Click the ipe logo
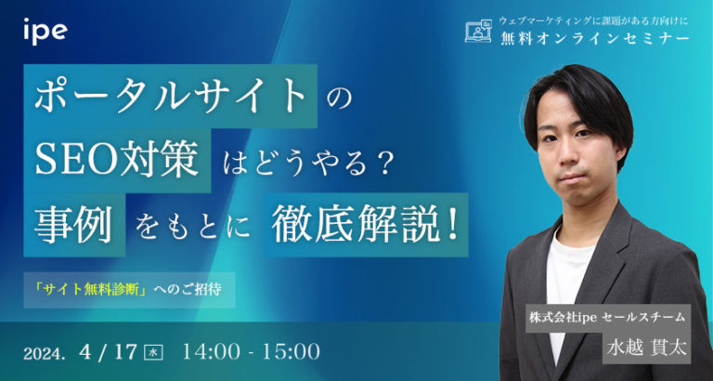pyautogui.click(x=45, y=30)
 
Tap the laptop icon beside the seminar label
pyautogui.click(x=477, y=32)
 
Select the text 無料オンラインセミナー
pyautogui.click(x=593, y=38)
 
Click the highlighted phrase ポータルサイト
pyautogui.click(x=170, y=97)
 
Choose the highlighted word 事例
pyautogui.click(x=72, y=224)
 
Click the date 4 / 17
pyautogui.click(x=108, y=352)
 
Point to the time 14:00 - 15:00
pyautogui.click(x=253, y=352)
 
